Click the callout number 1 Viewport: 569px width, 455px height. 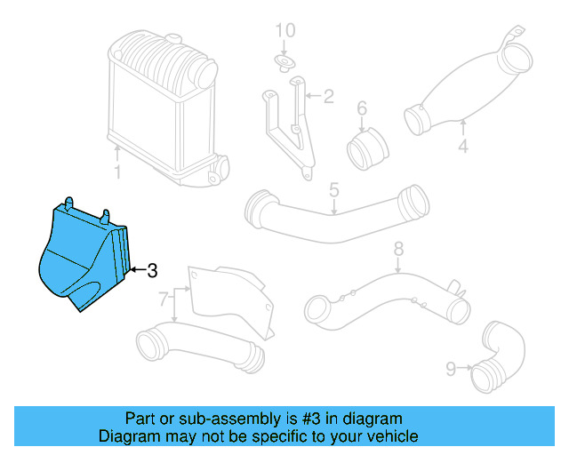coord(116,171)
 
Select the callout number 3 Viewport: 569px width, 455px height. coord(152,269)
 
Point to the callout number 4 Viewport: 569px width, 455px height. coord(462,147)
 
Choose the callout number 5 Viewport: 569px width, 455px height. coord(334,189)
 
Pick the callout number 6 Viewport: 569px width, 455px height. coord(362,109)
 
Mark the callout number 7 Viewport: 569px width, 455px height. coord(164,301)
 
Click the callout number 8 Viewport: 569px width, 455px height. coord(398,249)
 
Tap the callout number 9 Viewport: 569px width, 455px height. coord(451,366)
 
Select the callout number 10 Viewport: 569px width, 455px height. coord(284,32)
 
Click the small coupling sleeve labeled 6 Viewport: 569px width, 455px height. coord(365,148)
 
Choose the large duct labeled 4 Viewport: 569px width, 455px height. coord(462,89)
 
